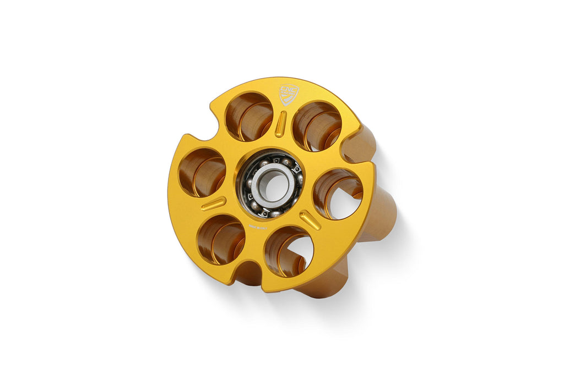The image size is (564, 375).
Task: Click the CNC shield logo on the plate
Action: (289, 94)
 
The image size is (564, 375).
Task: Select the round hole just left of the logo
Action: (249, 116)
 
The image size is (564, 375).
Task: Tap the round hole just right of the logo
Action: (316, 126)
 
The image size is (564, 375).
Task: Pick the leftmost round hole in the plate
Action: (202, 172)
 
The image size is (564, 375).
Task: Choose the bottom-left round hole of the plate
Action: (220, 239)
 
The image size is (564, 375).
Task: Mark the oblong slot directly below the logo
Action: (280, 124)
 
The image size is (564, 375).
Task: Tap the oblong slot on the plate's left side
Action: (213, 203)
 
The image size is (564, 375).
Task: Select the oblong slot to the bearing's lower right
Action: (310, 219)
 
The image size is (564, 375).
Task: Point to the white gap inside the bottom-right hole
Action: (302, 254)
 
